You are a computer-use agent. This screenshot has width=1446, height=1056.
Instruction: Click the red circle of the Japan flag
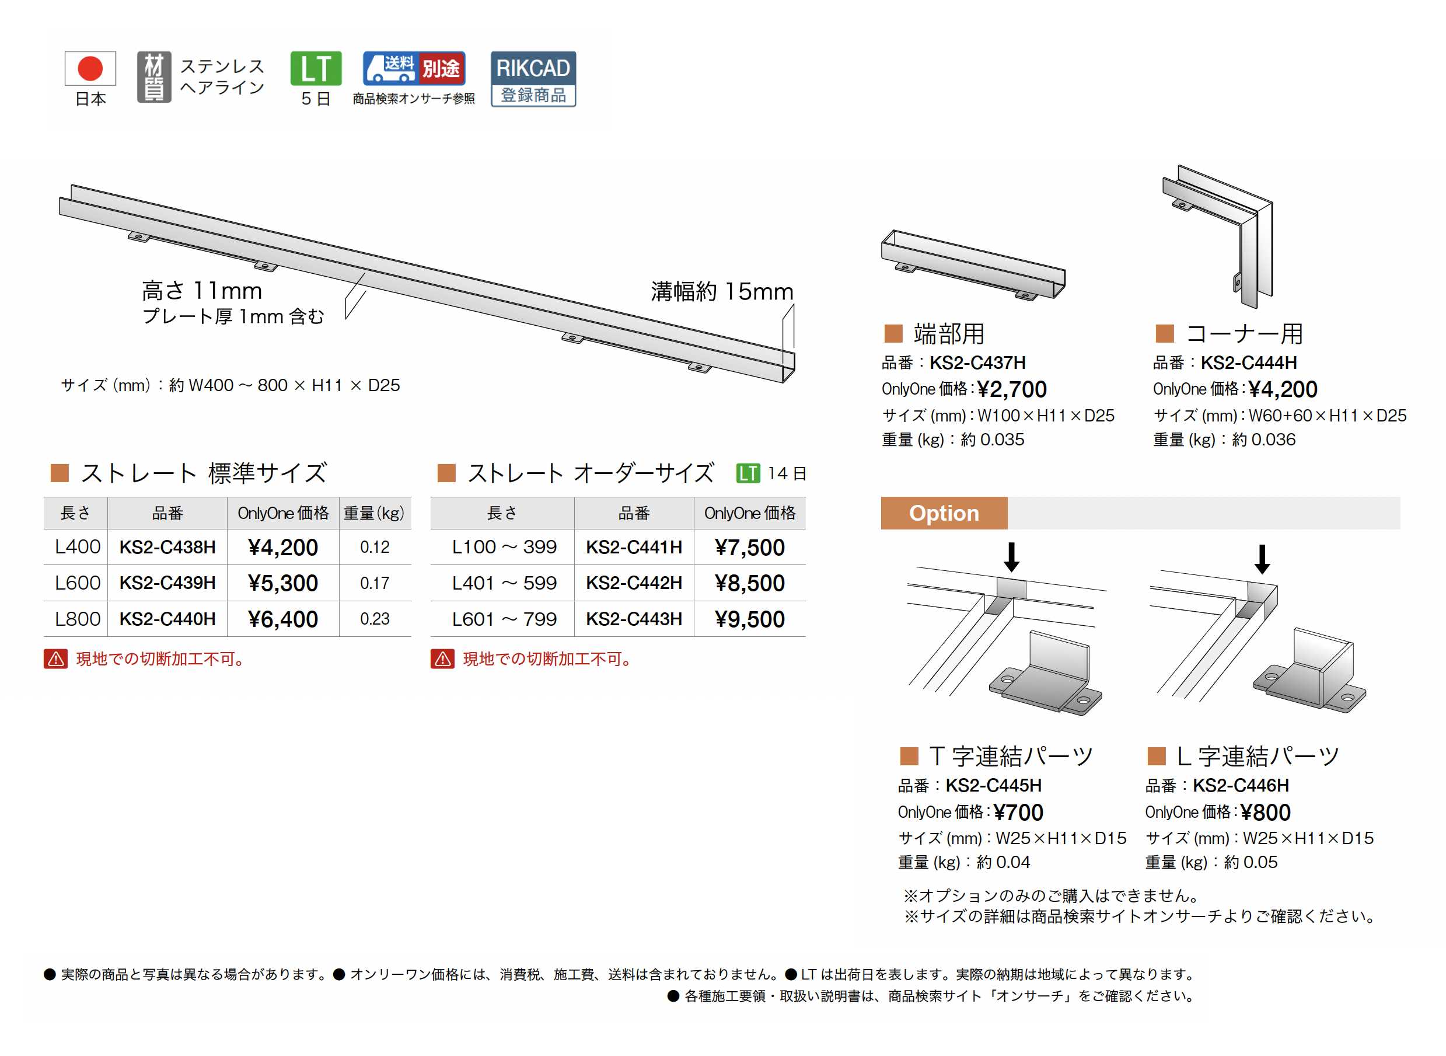[90, 68]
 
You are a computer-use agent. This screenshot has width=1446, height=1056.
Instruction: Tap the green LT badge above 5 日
[316, 68]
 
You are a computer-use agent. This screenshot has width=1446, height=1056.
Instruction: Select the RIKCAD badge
[533, 79]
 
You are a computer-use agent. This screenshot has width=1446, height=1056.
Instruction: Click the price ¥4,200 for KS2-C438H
[282, 547]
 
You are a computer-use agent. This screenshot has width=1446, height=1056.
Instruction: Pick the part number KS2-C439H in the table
[167, 583]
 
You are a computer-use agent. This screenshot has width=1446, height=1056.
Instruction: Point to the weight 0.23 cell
[375, 619]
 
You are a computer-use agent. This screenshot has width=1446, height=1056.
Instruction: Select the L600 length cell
[78, 583]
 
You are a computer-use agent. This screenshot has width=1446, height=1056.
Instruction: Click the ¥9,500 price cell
[749, 619]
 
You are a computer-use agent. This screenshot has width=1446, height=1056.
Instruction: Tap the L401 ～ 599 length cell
[504, 583]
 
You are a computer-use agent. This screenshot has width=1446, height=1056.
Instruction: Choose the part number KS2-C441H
[634, 547]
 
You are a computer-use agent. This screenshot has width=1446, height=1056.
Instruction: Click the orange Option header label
[944, 513]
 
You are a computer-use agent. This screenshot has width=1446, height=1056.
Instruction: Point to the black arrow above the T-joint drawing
[1011, 557]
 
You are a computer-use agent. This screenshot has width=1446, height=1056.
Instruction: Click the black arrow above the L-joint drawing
[1262, 559]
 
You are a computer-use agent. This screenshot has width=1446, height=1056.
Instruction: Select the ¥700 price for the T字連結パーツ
[1018, 813]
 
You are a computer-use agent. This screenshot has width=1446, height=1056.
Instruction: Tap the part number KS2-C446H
[1241, 785]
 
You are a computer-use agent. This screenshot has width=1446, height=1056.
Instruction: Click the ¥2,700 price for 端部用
[1012, 389]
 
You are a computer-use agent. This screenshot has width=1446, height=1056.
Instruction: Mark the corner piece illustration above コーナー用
[1217, 236]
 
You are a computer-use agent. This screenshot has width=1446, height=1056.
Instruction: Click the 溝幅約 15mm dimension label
[722, 291]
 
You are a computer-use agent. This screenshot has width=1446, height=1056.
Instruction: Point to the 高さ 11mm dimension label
[202, 291]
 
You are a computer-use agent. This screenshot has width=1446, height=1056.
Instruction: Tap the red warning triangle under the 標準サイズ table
[55, 659]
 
